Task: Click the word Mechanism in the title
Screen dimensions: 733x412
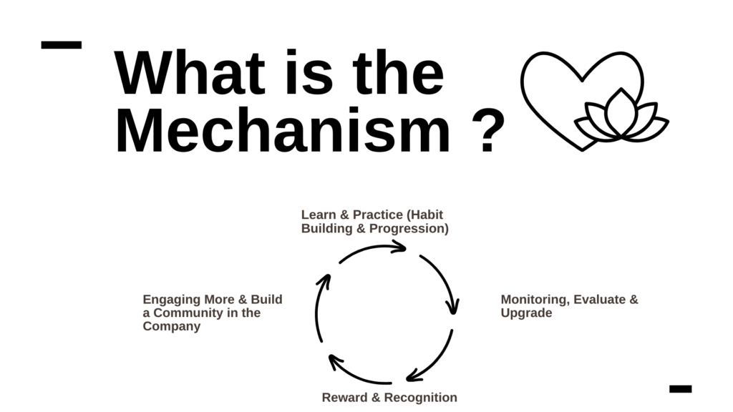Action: [283, 130]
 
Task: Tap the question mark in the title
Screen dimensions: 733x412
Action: [488, 132]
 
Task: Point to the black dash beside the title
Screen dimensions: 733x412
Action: [62, 45]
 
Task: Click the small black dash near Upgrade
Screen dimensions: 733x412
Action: [680, 388]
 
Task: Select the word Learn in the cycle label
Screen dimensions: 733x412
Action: [319, 215]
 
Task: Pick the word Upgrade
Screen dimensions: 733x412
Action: [526, 313]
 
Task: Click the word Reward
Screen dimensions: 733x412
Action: [344, 398]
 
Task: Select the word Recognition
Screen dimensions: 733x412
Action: [420, 398]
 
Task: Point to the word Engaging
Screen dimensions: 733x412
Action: [172, 300]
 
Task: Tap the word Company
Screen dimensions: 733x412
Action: [172, 326]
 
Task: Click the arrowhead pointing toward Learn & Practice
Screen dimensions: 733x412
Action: [398, 247]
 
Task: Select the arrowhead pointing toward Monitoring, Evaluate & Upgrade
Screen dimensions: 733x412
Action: [452, 306]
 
